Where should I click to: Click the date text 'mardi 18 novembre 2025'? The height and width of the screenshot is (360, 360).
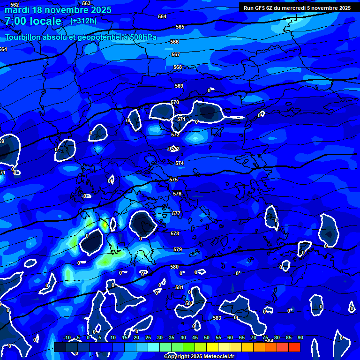pos(58,10)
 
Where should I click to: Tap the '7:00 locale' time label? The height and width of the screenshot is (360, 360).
pos(33,21)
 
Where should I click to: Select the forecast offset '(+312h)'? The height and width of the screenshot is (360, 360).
pos(83,21)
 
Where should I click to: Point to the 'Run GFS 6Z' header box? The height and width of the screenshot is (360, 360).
pos(297,7)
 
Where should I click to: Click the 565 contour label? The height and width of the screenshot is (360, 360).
pos(180,27)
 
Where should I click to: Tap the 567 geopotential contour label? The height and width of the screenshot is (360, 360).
pos(176,54)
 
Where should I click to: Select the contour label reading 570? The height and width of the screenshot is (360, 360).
pos(175,102)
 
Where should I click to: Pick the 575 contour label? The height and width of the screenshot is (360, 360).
pos(173,180)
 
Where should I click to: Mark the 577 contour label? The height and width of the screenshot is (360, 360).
pos(176,213)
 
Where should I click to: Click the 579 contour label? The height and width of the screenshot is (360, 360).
pos(178,250)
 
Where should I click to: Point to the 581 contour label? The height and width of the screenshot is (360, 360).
pos(180,287)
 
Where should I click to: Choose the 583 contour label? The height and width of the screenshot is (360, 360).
pos(217,318)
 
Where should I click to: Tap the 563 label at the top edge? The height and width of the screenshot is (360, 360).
pos(86,3)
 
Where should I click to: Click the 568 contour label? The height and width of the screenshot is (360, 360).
pos(178,67)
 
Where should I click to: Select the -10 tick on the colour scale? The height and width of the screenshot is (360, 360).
pos(67,337)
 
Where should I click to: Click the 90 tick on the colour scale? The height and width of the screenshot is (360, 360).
pos(300,337)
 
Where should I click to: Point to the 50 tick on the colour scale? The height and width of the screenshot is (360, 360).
pos(206,337)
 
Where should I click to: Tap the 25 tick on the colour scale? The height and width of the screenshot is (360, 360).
pos(148,337)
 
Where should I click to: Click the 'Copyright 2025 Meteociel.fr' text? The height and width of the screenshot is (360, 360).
pos(199,356)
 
